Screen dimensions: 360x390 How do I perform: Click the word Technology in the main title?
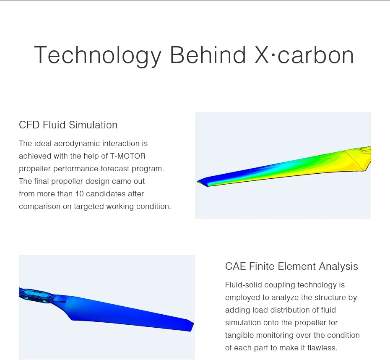pos(98,55)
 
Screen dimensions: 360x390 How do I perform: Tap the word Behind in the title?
pos(208,55)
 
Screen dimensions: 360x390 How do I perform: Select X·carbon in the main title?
pos(304,55)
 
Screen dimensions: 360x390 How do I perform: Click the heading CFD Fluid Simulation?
pos(68,125)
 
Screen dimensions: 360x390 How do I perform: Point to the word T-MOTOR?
pos(128,156)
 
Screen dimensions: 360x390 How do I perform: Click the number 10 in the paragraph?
pos(79,194)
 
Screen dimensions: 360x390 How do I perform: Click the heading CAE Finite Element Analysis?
pos(291,266)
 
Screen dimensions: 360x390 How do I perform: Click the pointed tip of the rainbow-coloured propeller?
pos(200,182)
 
